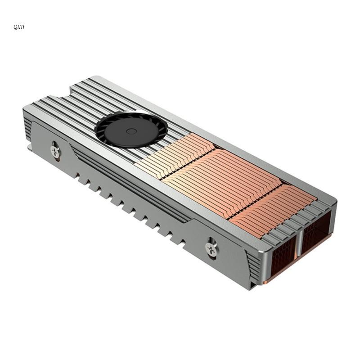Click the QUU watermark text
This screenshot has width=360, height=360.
tap(19, 27)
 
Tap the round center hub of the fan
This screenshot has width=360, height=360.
tap(131, 131)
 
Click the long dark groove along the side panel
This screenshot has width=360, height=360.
tap(130, 184)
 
